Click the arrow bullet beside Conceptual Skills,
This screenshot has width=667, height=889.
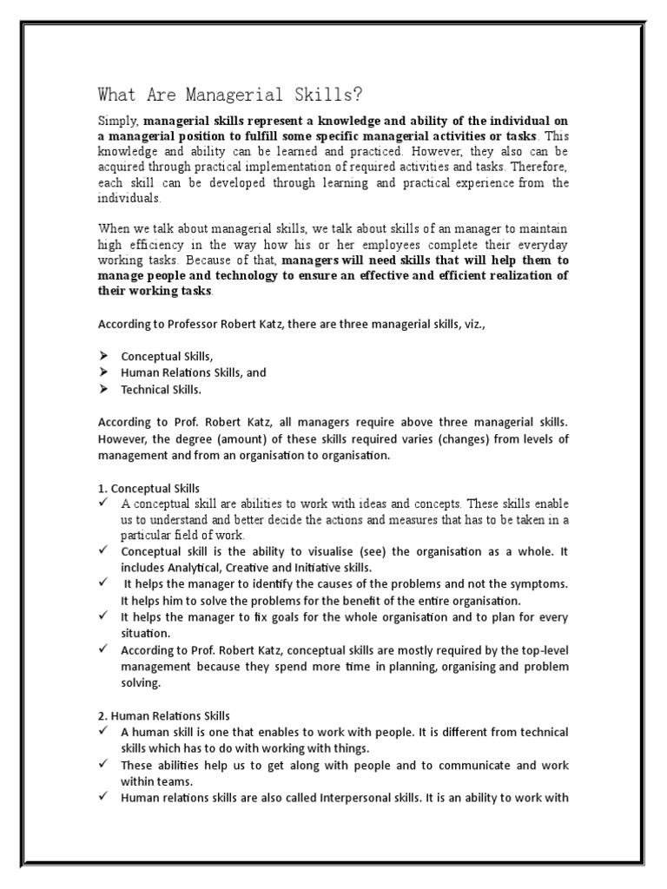[x=103, y=357]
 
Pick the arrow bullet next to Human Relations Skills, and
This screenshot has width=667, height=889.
[x=103, y=372]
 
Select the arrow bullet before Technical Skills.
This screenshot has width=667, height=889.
[x=103, y=389]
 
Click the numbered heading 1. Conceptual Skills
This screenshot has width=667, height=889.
[x=149, y=488]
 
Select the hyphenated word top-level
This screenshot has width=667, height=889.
[x=540, y=650]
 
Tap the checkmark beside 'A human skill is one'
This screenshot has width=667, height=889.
[x=103, y=732]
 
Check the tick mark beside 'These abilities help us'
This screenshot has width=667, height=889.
[x=103, y=765]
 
